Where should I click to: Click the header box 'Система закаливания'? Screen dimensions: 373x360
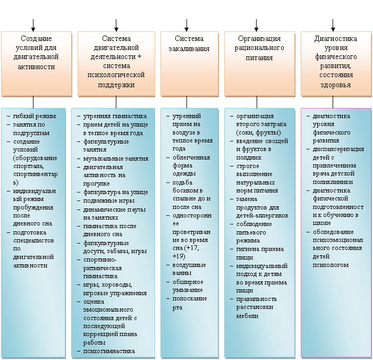pyautogui.click(x=189, y=64)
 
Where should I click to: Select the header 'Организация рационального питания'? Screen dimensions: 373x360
pyautogui.click(x=259, y=64)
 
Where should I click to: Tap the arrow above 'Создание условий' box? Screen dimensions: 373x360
pyautogui.click(x=33, y=25)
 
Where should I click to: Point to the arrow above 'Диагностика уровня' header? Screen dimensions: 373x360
pyautogui.click(x=333, y=25)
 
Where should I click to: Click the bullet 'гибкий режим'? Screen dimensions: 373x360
pyautogui.click(x=34, y=116)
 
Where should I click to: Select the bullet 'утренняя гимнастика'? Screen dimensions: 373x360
pyautogui.click(x=115, y=116)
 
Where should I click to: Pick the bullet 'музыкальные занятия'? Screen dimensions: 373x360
pyautogui.click(x=116, y=158)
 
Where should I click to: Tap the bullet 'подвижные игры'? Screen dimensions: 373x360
pyautogui.click(x=109, y=200)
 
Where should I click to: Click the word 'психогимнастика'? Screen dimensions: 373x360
pyautogui.click(x=109, y=351)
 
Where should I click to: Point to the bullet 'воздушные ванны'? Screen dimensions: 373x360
pyautogui.click(x=189, y=269)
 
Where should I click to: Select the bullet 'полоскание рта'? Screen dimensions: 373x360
pyautogui.click(x=190, y=303)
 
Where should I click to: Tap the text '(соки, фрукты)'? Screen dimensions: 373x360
pyautogui.click(x=258, y=132)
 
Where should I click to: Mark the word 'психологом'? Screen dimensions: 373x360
pyautogui.click(x=330, y=265)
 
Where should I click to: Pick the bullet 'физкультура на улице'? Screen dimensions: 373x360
pyautogui.click(x=116, y=192)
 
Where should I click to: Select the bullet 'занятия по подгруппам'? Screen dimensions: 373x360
pyautogui.click(x=31, y=129)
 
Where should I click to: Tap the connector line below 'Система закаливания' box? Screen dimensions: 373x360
pyautogui.click(x=186, y=103)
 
